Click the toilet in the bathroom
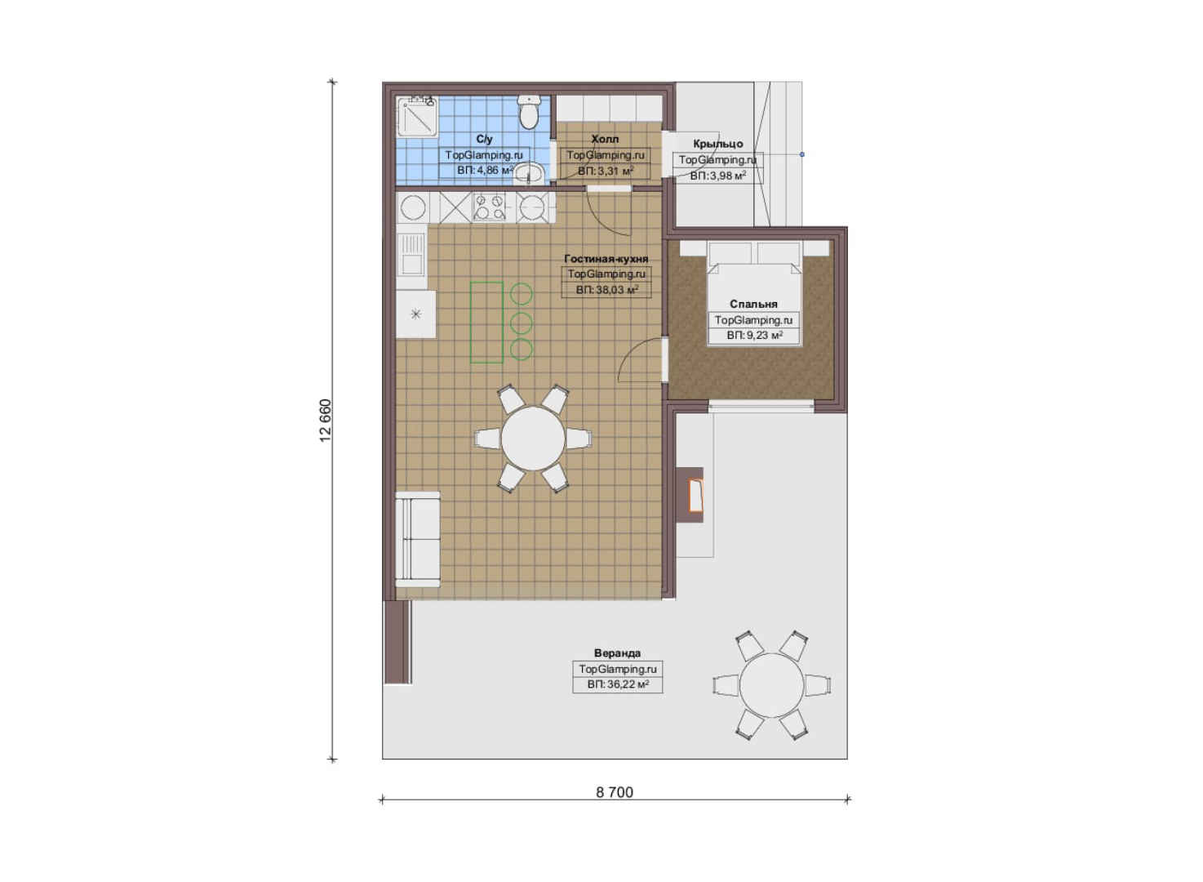529,113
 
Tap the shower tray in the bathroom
417,116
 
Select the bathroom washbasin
530,173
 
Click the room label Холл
605,139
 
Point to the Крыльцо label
718,144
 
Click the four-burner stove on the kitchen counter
489,207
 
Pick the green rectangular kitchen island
486,322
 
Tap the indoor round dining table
533,439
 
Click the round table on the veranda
772,685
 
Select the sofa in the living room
418,539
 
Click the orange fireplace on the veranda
695,495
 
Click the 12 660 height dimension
326,421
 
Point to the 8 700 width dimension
615,792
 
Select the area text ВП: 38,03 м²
607,290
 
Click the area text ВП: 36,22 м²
618,684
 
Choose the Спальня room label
753,305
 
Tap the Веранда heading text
617,653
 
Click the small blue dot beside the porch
801,154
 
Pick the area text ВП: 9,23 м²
754,336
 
